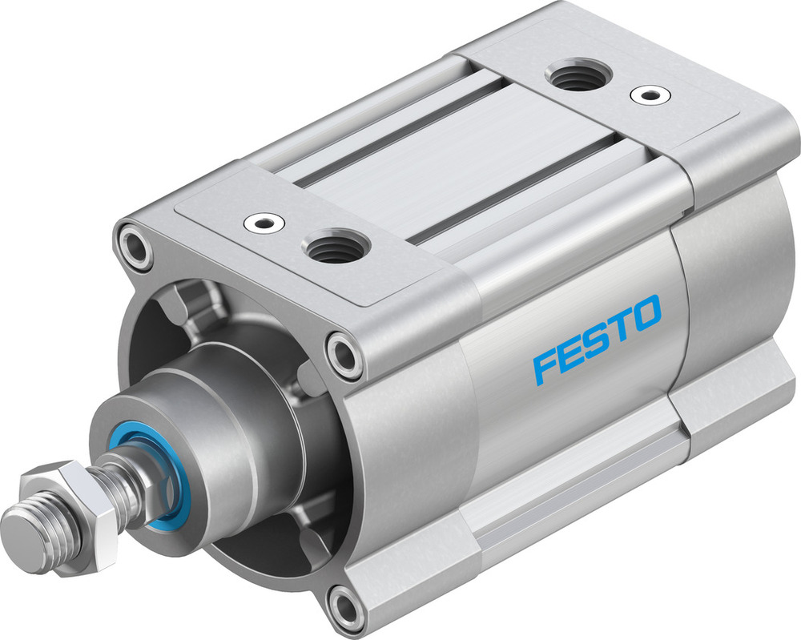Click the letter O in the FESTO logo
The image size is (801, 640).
pos(646,312)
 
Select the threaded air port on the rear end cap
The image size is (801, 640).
pos(578,76)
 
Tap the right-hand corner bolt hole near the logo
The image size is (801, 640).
pos(345,353)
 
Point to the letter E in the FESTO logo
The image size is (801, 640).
pos(571,355)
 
